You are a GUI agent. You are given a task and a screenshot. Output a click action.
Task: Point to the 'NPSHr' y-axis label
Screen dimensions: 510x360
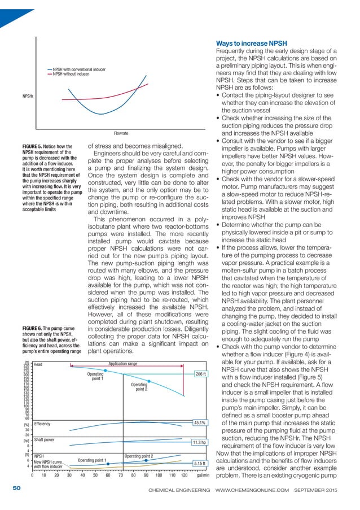point(27,97)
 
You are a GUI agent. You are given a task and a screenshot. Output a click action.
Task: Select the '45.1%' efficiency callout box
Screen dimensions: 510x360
point(199,422)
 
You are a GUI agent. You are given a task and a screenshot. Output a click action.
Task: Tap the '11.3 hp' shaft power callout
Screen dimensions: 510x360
point(199,443)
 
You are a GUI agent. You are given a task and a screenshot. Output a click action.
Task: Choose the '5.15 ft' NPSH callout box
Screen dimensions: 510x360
point(199,464)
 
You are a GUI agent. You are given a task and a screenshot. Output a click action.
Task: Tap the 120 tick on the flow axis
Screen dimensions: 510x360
point(184,476)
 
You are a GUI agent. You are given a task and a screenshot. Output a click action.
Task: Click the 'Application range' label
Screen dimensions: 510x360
point(123,364)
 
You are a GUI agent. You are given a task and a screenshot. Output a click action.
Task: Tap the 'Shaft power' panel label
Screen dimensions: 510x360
point(45,439)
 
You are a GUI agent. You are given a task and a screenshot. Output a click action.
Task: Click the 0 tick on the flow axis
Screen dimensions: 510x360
point(32,476)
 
